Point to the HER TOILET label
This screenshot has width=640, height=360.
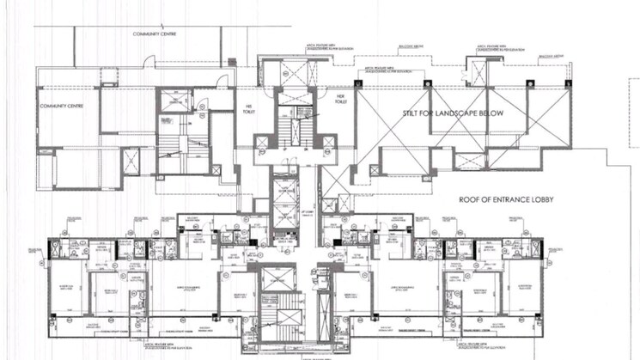[340, 99]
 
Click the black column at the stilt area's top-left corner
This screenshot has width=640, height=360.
[358, 82]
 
